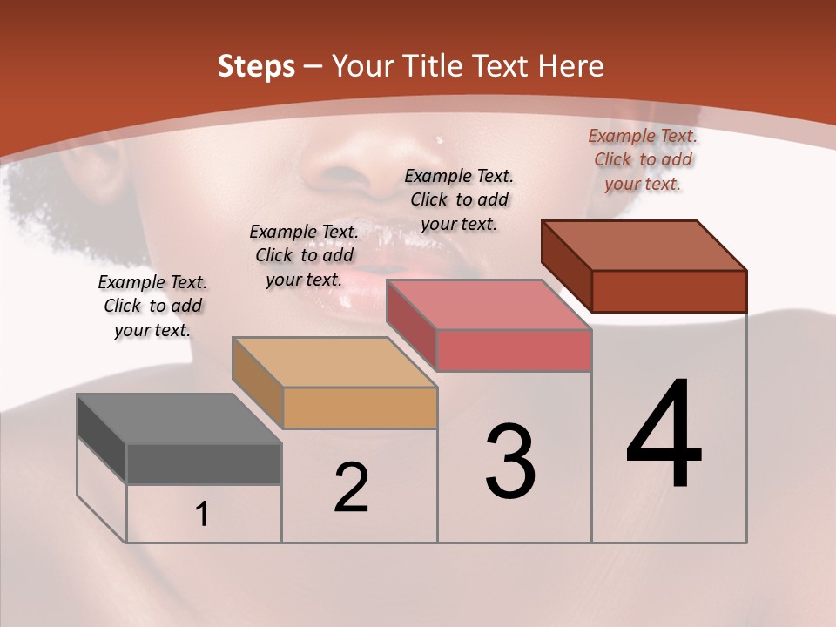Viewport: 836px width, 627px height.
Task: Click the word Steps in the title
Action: (x=256, y=66)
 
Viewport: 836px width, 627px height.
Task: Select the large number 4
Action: (x=664, y=435)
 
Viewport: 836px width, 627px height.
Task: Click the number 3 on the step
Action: (x=510, y=462)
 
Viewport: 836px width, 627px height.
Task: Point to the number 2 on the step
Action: (x=351, y=488)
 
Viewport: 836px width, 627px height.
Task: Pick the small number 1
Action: (x=202, y=515)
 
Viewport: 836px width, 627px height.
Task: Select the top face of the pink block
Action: (x=489, y=305)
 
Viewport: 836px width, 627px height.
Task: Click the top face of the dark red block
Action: (x=644, y=246)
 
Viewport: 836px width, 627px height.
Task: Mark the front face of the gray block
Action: (x=204, y=464)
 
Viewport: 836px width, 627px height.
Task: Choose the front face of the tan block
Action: (x=360, y=408)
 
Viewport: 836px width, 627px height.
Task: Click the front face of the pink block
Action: (x=514, y=350)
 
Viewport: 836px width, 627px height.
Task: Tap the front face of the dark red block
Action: (x=669, y=291)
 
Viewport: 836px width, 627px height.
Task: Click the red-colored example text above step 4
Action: (x=643, y=159)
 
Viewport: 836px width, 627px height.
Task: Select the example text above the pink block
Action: (x=459, y=199)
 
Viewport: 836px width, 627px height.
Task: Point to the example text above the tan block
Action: (x=304, y=255)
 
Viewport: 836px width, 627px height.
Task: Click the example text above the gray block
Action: (x=152, y=306)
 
